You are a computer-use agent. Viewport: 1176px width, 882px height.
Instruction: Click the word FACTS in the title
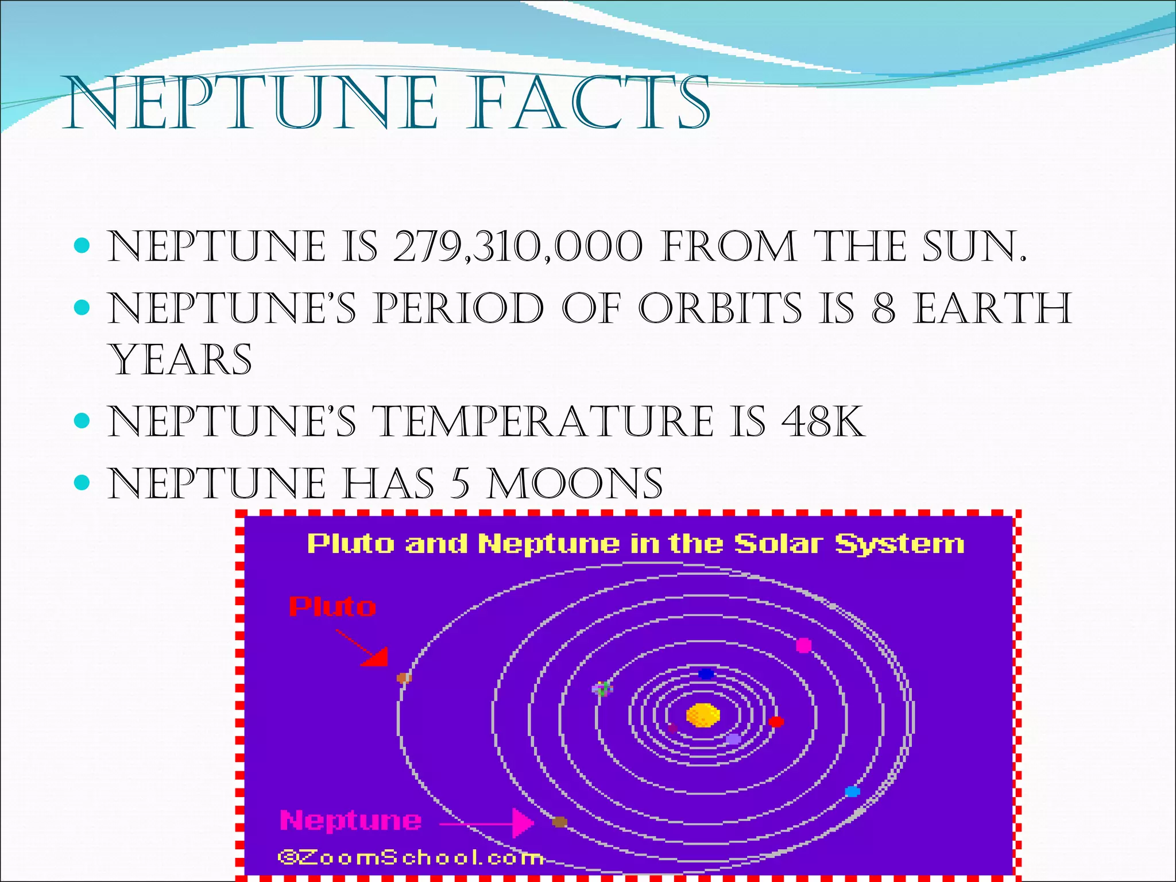(588, 103)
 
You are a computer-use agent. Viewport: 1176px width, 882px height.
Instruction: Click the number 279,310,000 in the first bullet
(517, 247)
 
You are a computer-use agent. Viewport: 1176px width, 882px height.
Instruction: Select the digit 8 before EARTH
(883, 308)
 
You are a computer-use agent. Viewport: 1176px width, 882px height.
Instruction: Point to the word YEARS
(181, 360)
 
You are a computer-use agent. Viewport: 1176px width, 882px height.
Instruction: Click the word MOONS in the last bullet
(574, 483)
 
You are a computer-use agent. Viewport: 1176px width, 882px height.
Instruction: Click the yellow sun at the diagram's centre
(703, 715)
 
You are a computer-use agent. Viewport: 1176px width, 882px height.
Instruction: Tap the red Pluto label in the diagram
(332, 607)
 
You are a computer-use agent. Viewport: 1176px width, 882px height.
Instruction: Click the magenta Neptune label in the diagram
(351, 821)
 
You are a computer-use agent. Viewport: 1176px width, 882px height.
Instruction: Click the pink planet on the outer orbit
(804, 645)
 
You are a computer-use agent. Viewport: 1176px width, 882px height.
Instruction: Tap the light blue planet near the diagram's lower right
(852, 792)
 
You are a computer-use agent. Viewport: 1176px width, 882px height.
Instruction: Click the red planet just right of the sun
(776, 722)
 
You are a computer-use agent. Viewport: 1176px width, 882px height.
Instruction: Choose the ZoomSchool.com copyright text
(411, 858)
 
